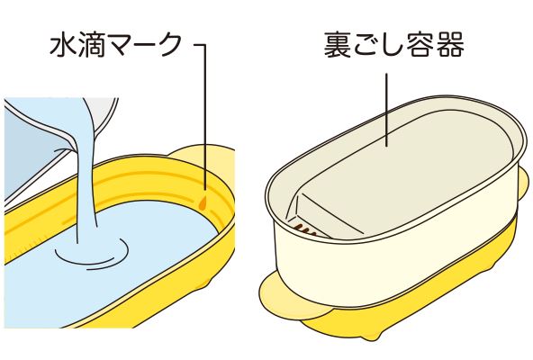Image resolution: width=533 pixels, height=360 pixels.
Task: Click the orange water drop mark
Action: pos(203,202)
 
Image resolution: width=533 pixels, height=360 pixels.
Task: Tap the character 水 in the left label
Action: pos(63,44)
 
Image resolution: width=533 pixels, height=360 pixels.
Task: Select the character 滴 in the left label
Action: pos(90,44)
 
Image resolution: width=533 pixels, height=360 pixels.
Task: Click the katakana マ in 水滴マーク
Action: pos(117,45)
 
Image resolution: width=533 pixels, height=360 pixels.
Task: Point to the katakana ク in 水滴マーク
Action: pos(169,44)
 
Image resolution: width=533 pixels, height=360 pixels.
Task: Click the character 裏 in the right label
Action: pos(337,44)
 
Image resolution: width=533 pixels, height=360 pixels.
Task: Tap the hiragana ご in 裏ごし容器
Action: pos(366,45)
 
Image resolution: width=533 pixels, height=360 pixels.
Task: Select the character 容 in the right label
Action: pos(421,44)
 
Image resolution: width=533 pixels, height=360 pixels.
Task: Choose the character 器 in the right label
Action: pos(450,44)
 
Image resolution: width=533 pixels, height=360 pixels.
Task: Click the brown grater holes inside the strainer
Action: pos(305,230)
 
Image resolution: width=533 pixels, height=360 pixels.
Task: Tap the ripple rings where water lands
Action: pos(92,253)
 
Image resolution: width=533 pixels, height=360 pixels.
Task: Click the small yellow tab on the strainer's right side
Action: pos(523,182)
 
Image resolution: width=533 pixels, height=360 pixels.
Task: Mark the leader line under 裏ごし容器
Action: pos(387,110)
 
